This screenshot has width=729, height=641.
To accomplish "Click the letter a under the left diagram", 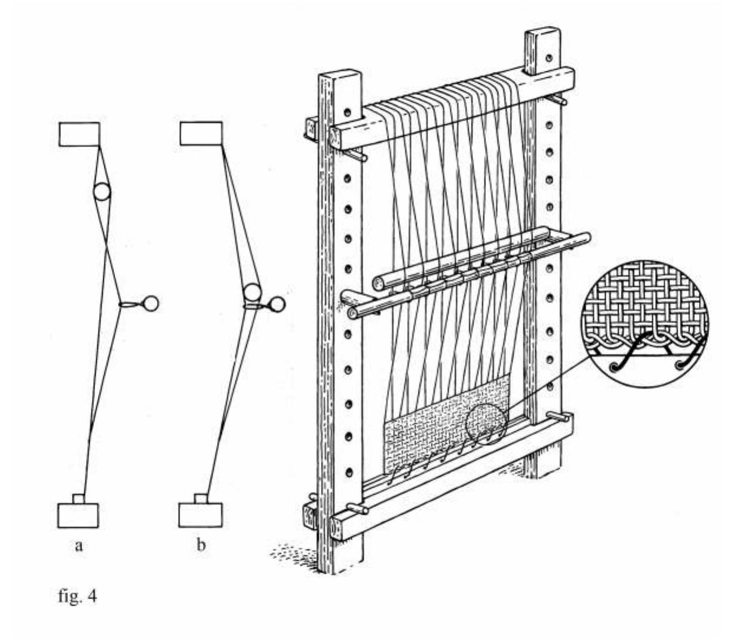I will [78, 545].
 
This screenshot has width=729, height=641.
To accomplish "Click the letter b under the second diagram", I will [201, 545].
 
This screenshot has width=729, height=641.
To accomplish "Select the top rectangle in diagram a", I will [79, 134].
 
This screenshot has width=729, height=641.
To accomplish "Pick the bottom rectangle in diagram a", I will [78, 515].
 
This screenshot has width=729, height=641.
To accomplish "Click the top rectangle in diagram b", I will [201, 133].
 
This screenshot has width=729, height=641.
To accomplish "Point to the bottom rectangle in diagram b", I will [201, 514].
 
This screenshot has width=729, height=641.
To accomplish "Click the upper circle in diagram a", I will [102, 192].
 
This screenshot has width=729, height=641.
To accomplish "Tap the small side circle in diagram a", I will [150, 303].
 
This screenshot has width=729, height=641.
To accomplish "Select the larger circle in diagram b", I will [252, 292].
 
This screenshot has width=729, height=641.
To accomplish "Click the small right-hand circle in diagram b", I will [277, 304].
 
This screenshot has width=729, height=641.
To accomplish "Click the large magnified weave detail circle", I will [644, 322].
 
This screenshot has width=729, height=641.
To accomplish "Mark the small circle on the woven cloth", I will [486, 425].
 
